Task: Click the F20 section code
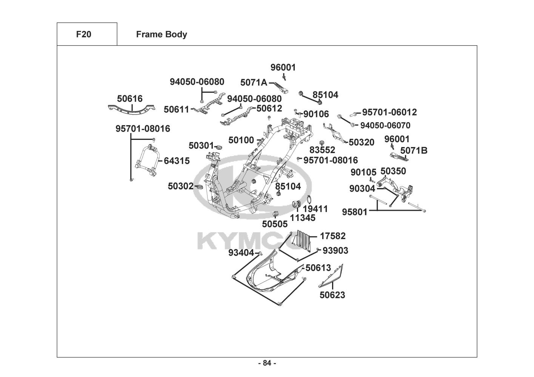pyautogui.click(x=83, y=34)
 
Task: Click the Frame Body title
pyautogui.click(x=162, y=34)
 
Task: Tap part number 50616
pyautogui.click(x=130, y=99)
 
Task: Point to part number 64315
pyautogui.click(x=177, y=161)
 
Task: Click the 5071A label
pyautogui.click(x=254, y=83)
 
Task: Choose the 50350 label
pyautogui.click(x=393, y=171)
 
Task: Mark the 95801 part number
pyautogui.click(x=354, y=212)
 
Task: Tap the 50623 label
pyautogui.click(x=332, y=295)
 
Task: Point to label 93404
pyautogui.click(x=241, y=253)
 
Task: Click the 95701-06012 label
pyautogui.click(x=389, y=112)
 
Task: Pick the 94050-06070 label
pyautogui.click(x=385, y=126)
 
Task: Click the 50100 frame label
pyautogui.click(x=241, y=141)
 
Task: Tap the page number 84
pyautogui.click(x=267, y=363)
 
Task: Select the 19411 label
pyautogui.click(x=315, y=209)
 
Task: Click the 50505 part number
pyautogui.click(x=275, y=224)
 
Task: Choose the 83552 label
pyautogui.click(x=322, y=150)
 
